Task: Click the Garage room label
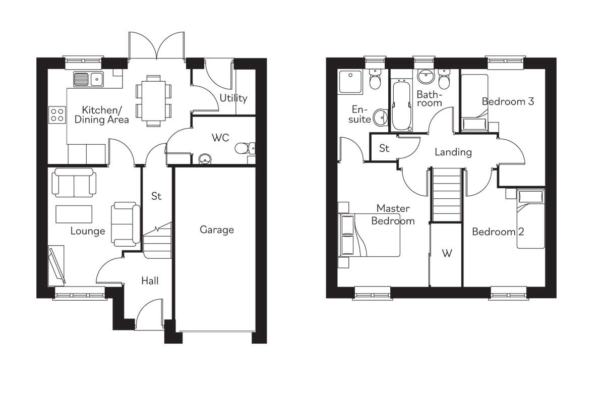[x=217, y=230]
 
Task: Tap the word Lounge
[x=88, y=231]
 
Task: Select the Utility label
[x=233, y=98]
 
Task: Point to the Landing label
[x=453, y=152]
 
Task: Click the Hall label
[x=150, y=281]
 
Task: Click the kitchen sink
[x=88, y=79]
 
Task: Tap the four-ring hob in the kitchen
[x=57, y=115]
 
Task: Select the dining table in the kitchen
[x=153, y=101]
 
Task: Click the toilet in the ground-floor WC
[x=245, y=148]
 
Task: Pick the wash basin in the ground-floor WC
[x=205, y=159]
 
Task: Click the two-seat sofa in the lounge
[x=74, y=183]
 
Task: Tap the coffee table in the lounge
[x=74, y=214]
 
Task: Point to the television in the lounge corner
[x=56, y=265]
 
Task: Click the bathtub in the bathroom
[x=402, y=105]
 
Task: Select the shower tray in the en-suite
[x=350, y=82]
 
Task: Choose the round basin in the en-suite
[x=380, y=118]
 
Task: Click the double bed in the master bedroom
[x=369, y=235]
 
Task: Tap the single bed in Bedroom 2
[x=531, y=219]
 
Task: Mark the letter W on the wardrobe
[x=447, y=253]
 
